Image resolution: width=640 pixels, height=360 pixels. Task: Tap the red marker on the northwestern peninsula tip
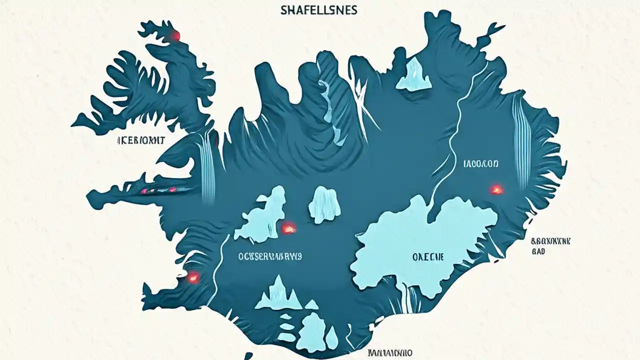pos(175,35)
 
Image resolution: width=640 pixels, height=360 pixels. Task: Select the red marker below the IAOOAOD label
pos(496,189)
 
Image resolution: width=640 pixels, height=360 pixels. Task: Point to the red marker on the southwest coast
pos(192,276)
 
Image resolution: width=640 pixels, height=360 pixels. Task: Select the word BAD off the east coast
pos(538,251)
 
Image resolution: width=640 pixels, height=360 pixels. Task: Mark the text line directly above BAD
pos(550,241)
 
